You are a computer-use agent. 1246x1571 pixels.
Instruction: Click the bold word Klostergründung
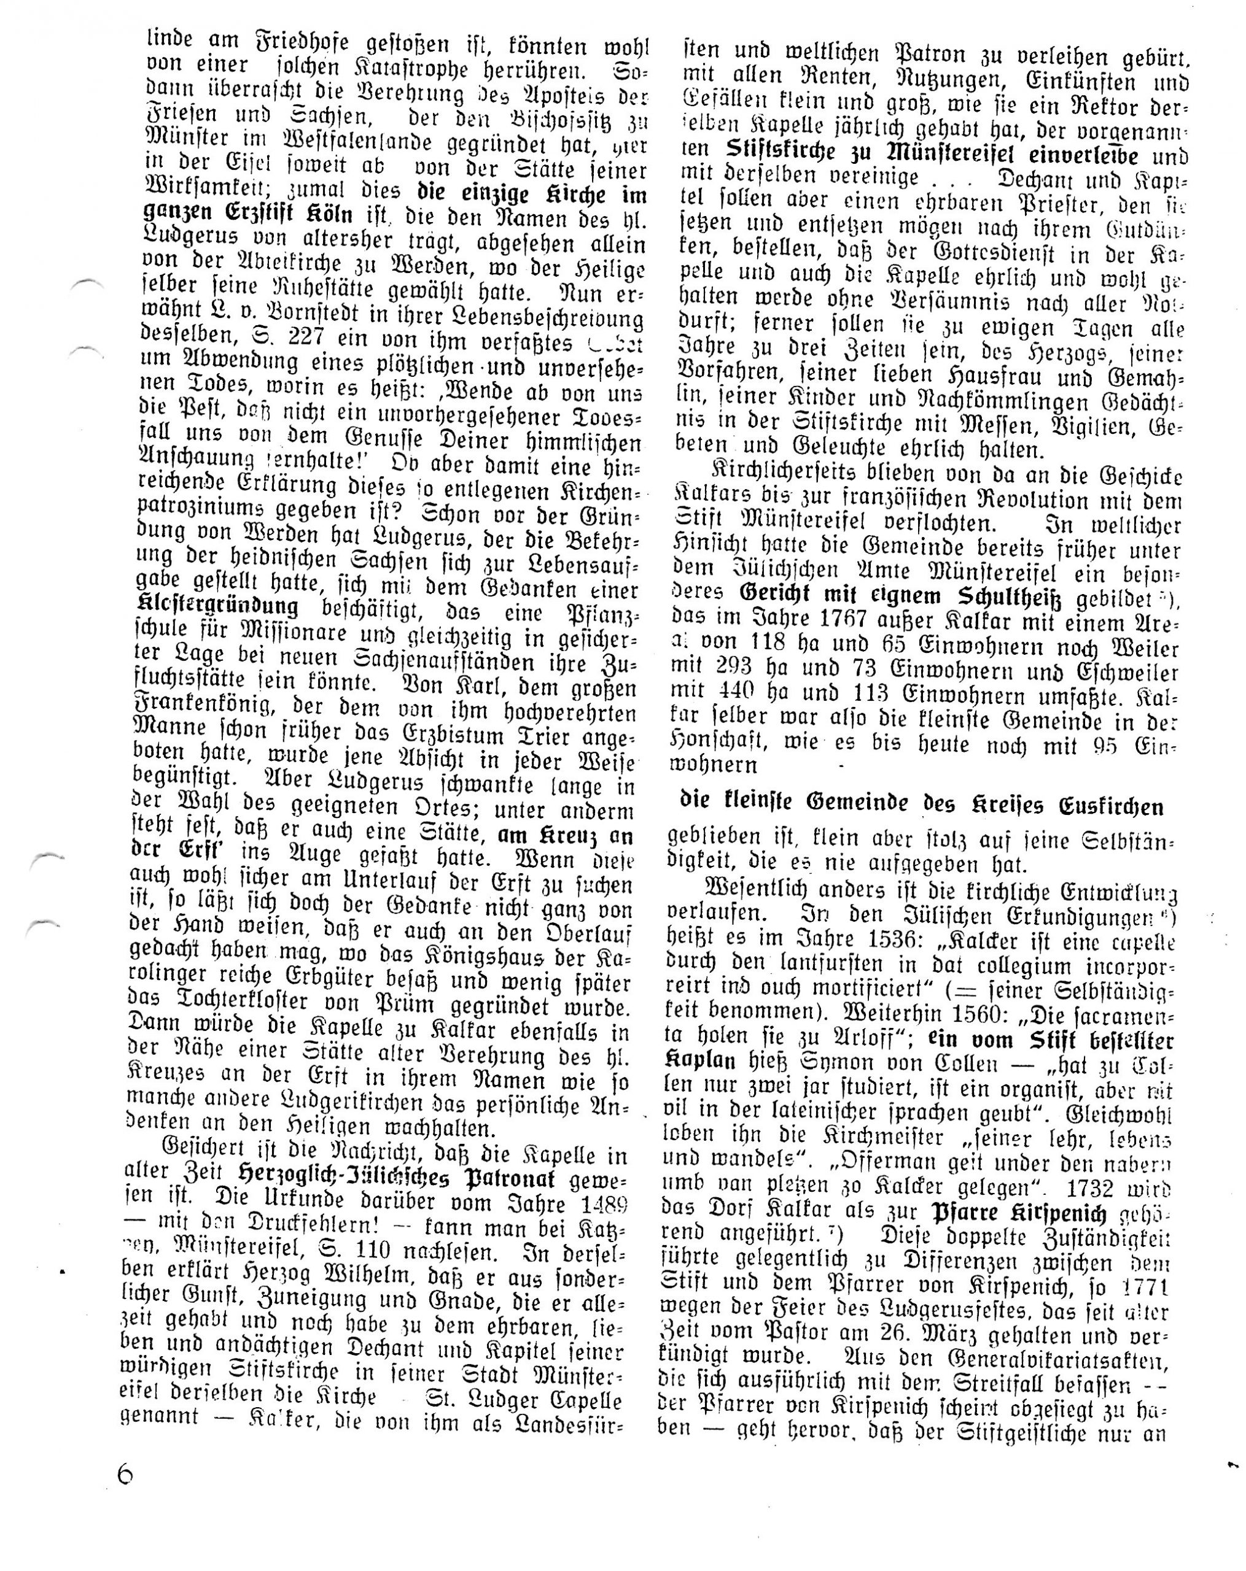click(x=218, y=608)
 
